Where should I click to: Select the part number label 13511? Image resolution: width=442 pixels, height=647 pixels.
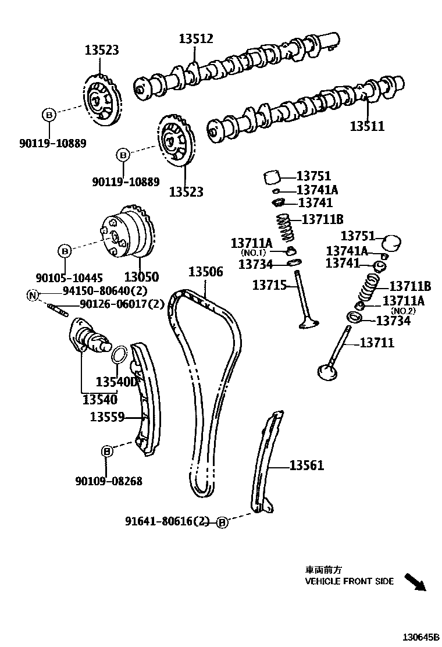click(367, 126)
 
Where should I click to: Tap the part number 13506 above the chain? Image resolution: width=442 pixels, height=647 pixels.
click(205, 272)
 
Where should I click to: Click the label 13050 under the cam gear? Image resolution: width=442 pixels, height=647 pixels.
click(141, 278)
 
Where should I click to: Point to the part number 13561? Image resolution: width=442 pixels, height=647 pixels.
click(306, 465)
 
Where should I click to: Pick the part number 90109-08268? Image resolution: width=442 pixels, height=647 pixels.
click(109, 481)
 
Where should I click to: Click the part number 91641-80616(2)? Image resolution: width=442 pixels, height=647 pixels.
click(167, 521)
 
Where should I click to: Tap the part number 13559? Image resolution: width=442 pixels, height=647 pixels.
click(108, 417)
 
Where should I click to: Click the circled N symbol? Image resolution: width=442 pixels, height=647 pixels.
click(33, 296)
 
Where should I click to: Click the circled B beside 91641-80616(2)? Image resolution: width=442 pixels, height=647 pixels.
click(222, 522)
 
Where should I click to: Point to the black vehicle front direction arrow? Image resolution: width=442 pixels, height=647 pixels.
click(415, 582)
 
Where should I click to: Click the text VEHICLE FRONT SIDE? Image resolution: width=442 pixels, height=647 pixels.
click(349, 581)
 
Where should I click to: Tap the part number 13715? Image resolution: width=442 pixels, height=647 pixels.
click(269, 285)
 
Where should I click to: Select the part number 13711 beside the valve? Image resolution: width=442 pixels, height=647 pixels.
click(376, 343)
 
